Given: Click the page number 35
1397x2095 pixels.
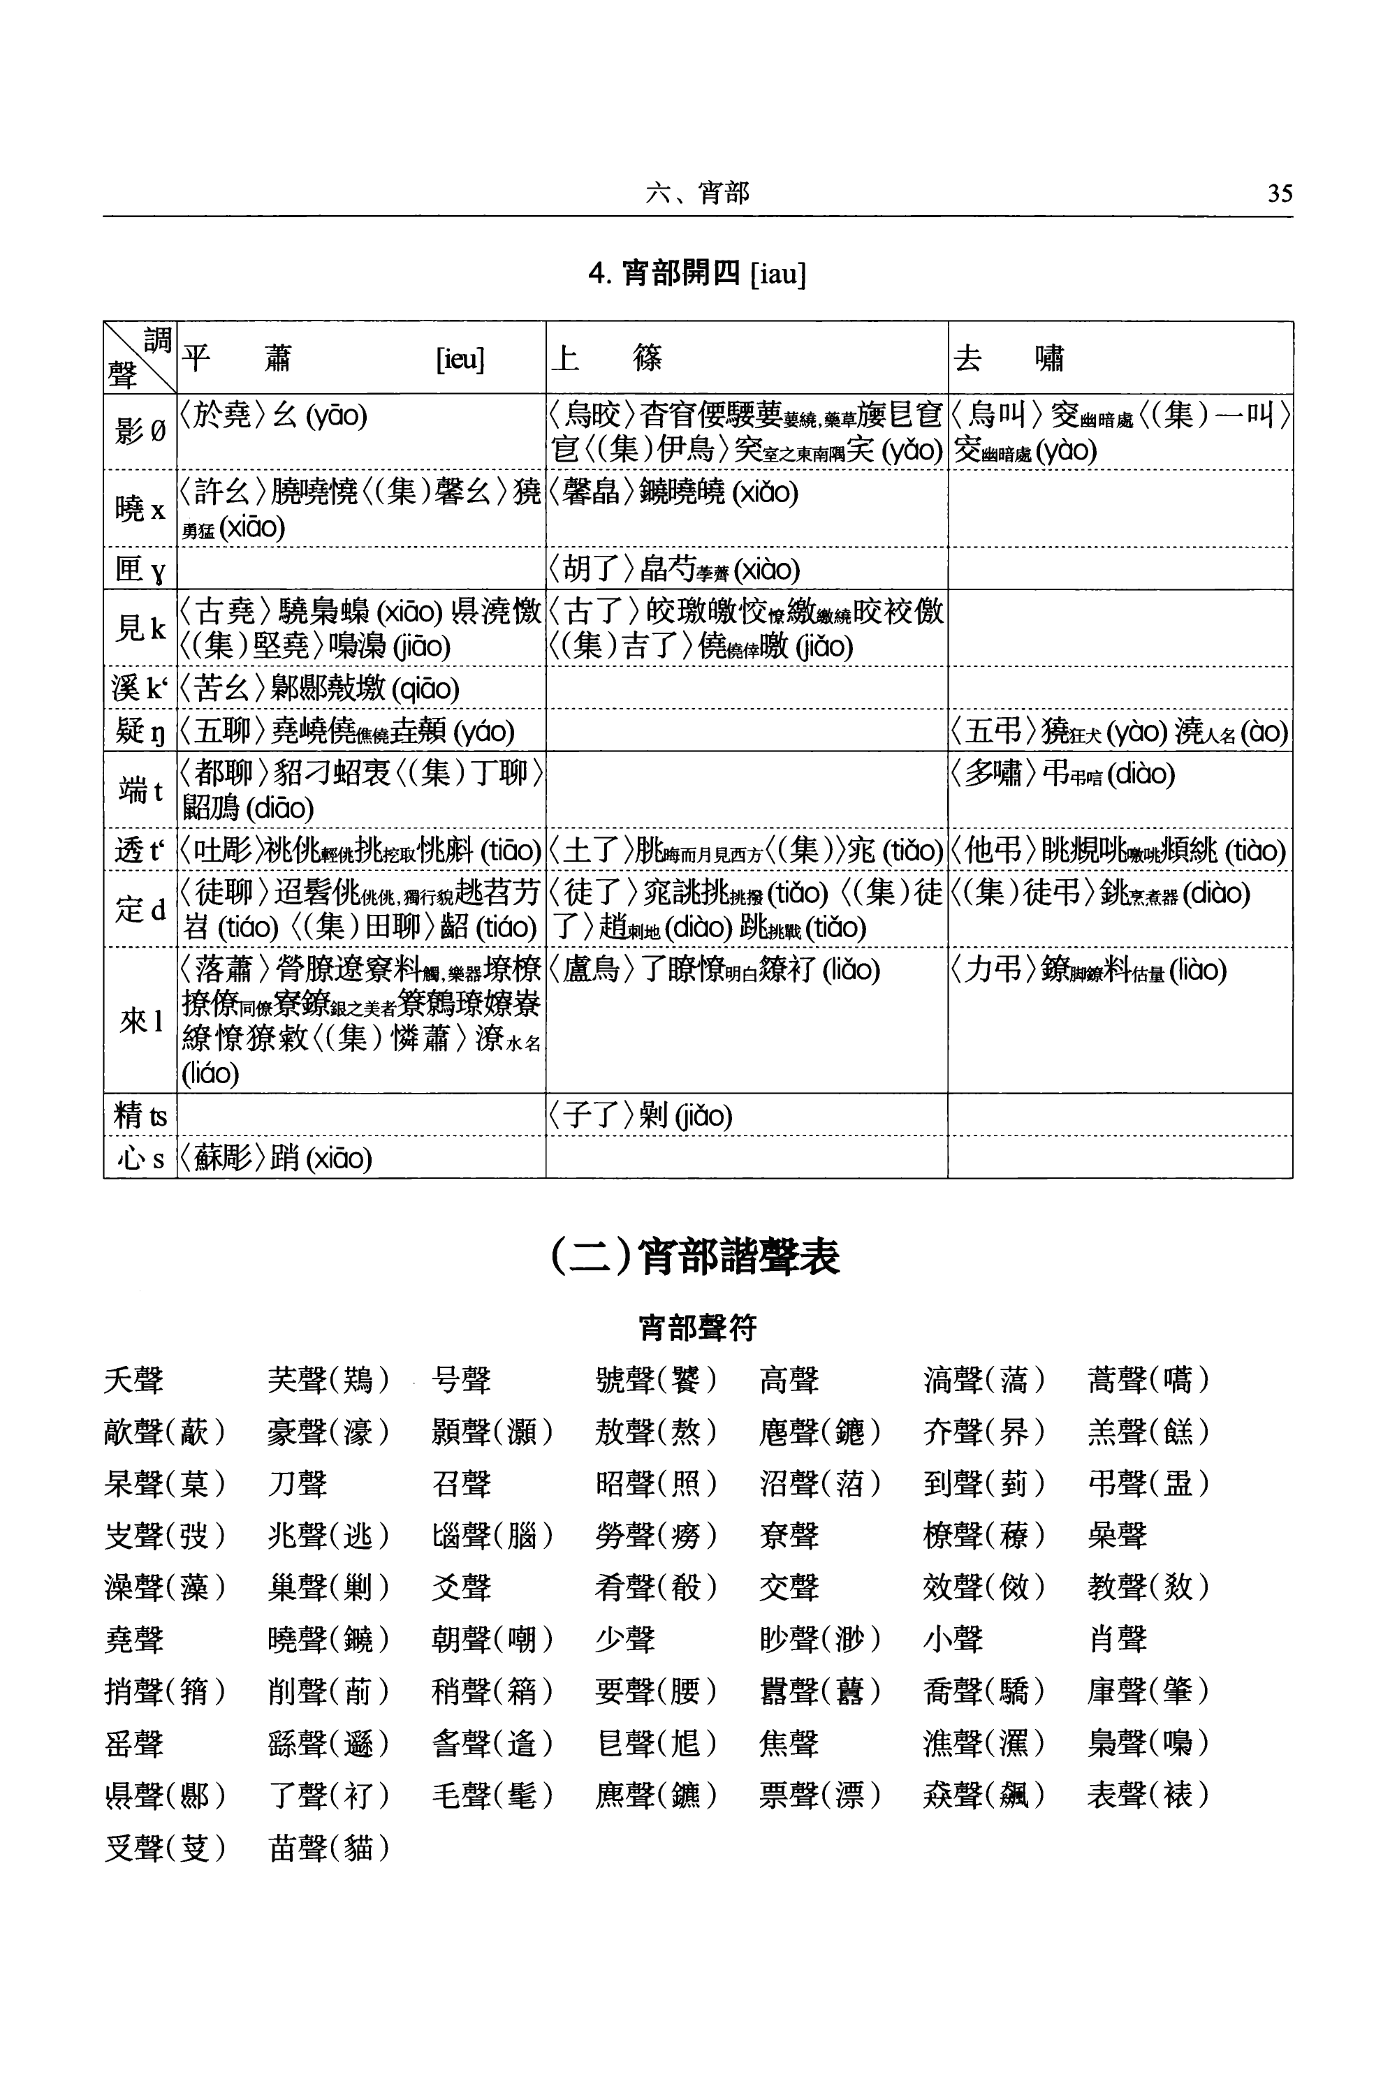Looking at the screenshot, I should (x=1280, y=193).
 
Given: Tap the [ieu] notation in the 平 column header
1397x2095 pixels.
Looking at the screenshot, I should (x=460, y=359).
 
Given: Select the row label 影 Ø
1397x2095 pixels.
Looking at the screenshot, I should (x=140, y=432).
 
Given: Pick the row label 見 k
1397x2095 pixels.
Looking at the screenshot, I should (x=140, y=628).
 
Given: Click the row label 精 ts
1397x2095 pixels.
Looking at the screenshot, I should (x=140, y=1115).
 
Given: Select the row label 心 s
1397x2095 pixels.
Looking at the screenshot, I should (x=140, y=1158).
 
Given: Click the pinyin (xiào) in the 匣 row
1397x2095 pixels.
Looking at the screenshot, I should (x=766, y=569).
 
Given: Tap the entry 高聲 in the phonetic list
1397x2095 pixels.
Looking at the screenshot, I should (x=789, y=1381).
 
